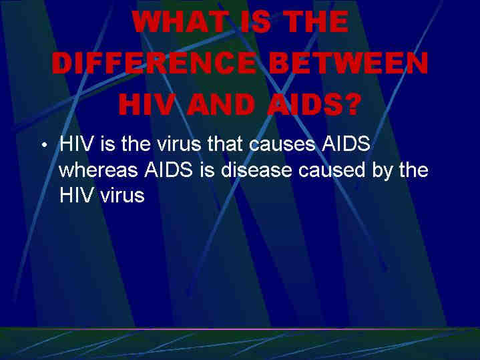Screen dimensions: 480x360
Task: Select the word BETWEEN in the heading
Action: point(348,63)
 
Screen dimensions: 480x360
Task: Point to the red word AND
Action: point(220,104)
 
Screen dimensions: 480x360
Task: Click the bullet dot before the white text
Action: point(45,145)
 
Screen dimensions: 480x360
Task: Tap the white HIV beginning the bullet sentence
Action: point(76,143)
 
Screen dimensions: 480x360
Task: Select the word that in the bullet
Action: point(226,143)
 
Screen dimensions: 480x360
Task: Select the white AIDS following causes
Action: point(346,143)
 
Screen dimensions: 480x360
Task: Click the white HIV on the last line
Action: point(76,195)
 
